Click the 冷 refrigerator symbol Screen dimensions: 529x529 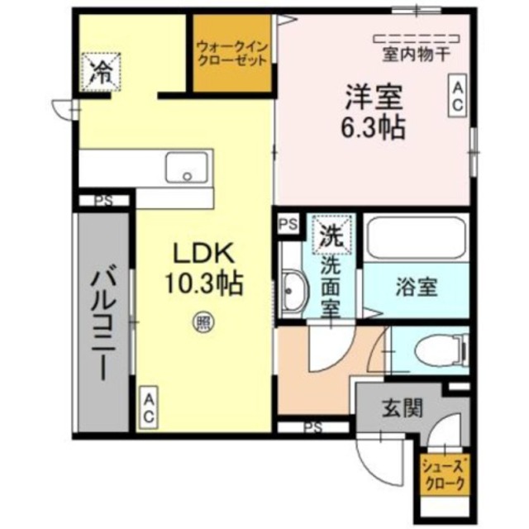[x=100, y=69]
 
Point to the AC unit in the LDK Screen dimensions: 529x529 [x=149, y=409]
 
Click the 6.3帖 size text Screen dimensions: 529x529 [x=373, y=128]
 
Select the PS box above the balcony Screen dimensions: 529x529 [x=102, y=200]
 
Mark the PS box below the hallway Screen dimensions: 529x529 [x=312, y=427]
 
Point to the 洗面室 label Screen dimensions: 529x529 [x=331, y=281]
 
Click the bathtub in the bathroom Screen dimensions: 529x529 [x=416, y=238]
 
